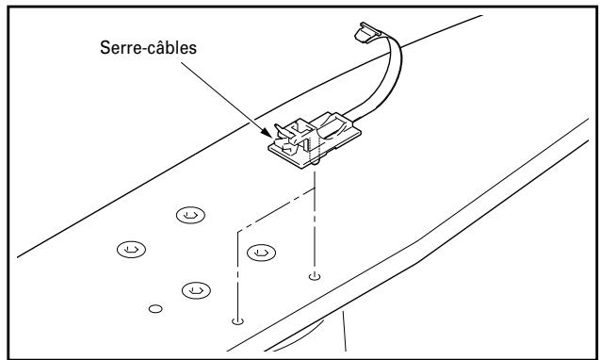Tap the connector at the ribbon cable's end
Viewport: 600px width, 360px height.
point(364,33)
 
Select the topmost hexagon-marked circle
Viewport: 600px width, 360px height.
point(188,216)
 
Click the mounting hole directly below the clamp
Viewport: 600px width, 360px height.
point(314,277)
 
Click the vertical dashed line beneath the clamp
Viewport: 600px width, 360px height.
point(315,226)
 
